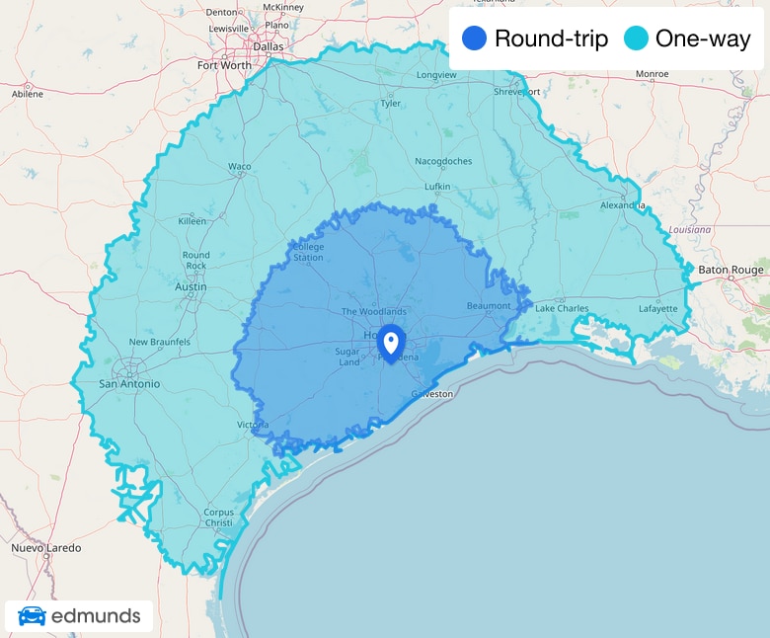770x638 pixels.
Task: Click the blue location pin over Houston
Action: click(x=391, y=343)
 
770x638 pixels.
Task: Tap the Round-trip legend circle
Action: click(x=475, y=40)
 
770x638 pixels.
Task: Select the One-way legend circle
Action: click(x=637, y=40)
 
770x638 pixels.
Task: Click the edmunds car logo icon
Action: click(x=32, y=616)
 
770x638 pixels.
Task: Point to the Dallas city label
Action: click(x=241, y=44)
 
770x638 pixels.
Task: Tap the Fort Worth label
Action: click(x=224, y=65)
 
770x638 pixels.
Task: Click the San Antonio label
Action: click(x=129, y=383)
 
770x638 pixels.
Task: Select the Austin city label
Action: click(x=190, y=286)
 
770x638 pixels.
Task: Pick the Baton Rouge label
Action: click(x=731, y=270)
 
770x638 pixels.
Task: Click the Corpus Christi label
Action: click(x=218, y=518)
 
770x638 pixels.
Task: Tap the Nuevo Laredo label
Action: click(x=46, y=547)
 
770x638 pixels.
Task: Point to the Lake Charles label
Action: click(x=562, y=308)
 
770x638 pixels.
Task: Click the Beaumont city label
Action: click(x=489, y=305)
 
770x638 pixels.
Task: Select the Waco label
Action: click(x=240, y=167)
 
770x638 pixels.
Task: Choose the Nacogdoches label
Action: click(x=443, y=161)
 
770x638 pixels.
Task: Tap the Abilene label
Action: click(x=27, y=94)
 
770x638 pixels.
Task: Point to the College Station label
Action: click(x=308, y=252)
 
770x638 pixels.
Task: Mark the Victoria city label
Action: click(x=252, y=425)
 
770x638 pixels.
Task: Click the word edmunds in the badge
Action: click(x=96, y=617)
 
